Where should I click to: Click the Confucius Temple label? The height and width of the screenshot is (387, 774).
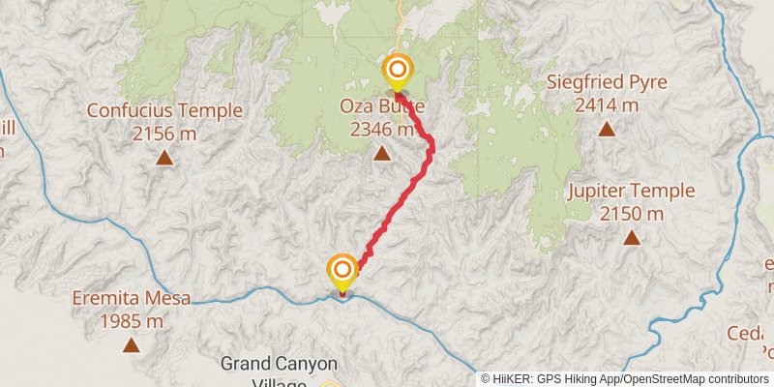click(164, 110)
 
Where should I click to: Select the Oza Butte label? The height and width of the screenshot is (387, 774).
click(382, 106)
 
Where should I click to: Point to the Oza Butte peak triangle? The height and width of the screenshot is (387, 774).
click(382, 153)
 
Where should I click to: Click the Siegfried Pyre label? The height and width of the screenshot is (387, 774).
click(607, 82)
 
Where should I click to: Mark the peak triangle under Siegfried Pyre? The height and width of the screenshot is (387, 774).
click(607, 128)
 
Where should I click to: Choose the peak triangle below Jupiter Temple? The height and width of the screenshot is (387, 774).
click(632, 236)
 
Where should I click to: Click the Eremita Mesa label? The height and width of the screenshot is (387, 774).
click(131, 299)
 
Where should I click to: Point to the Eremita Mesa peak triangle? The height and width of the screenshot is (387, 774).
click(131, 343)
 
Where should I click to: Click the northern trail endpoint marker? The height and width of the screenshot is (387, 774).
click(398, 71)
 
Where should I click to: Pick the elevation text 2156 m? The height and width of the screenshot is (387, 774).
click(164, 133)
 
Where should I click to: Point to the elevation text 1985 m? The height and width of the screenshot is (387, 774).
click(131, 320)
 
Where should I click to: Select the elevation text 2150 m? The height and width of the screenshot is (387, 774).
click(632, 213)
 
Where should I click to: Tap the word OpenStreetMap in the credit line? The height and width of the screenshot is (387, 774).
click(668, 378)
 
